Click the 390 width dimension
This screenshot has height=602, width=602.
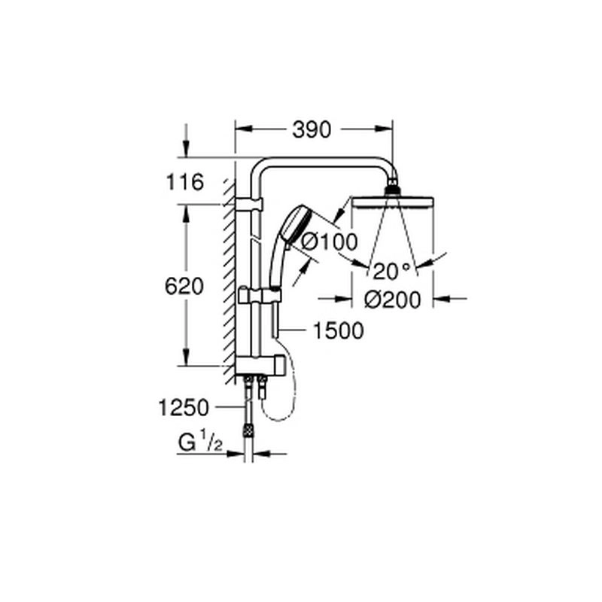tap(312, 129)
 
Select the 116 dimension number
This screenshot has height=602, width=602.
tap(184, 182)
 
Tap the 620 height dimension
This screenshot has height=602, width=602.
tap(184, 287)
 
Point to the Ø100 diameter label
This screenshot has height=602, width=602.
tap(330, 242)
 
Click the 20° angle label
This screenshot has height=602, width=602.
tap(391, 271)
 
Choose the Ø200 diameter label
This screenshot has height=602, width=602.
tap(392, 299)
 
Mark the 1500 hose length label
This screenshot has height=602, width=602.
tap(338, 330)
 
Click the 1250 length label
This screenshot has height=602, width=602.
tap(184, 407)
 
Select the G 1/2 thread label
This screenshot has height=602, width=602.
tap(200, 442)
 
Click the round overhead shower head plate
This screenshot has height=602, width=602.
tap(393, 202)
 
